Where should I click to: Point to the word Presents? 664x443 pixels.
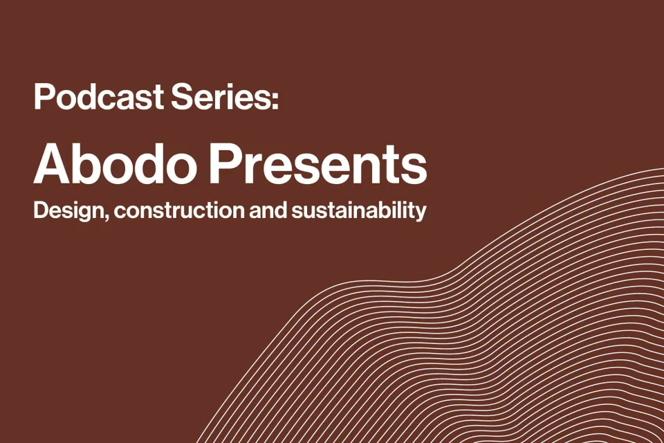pos(319,164)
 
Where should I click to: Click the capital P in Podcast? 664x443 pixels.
pos(43,98)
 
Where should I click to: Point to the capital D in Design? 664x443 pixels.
pos(40,210)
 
